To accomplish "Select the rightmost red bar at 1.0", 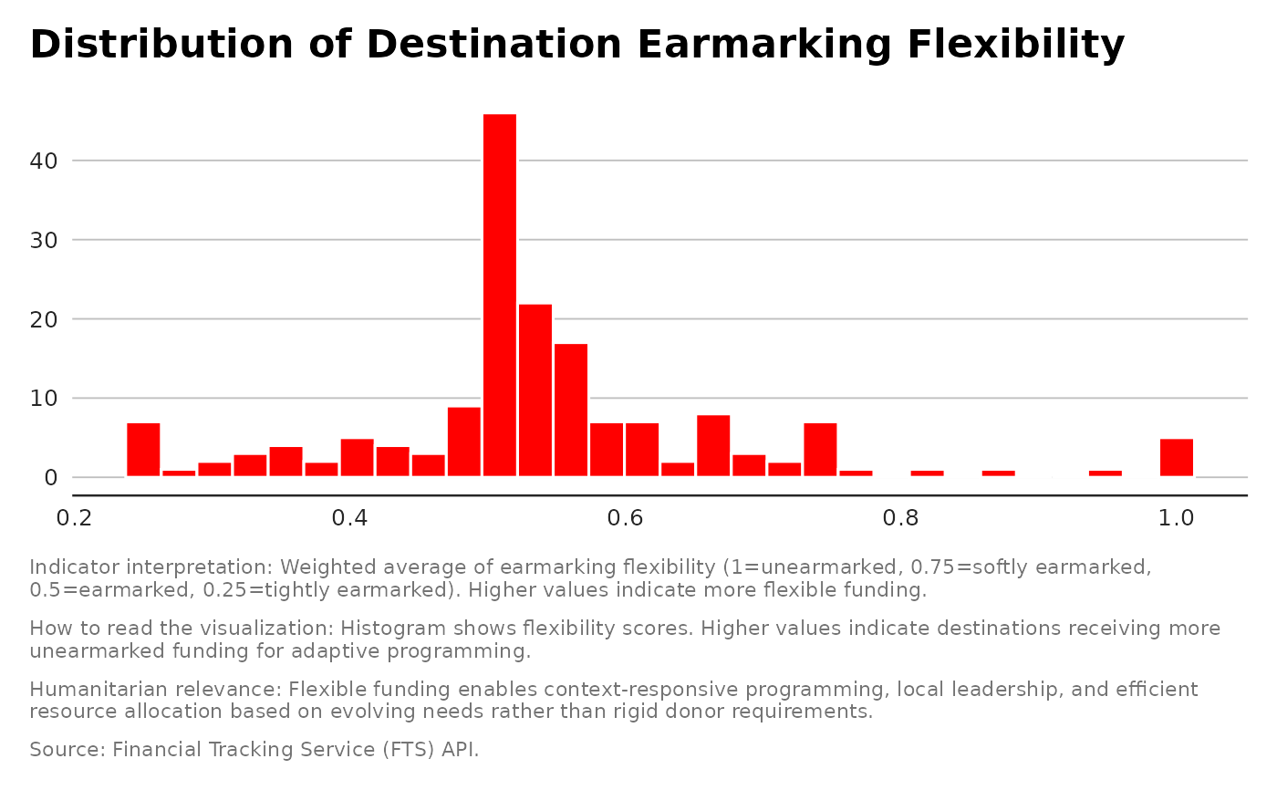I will pos(1177,458).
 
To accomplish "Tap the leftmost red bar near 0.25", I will pos(143,450).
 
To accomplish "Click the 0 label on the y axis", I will pos(51,477).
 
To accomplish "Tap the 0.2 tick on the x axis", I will pos(75,518).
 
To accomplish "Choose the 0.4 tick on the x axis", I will pos(350,518).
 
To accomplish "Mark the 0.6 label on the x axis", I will pos(626,518).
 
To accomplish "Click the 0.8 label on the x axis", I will pos(901,518).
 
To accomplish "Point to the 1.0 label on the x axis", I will pos(1177,518).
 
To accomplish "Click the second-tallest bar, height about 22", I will pos(535,390).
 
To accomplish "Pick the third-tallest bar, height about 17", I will pos(571,410).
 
